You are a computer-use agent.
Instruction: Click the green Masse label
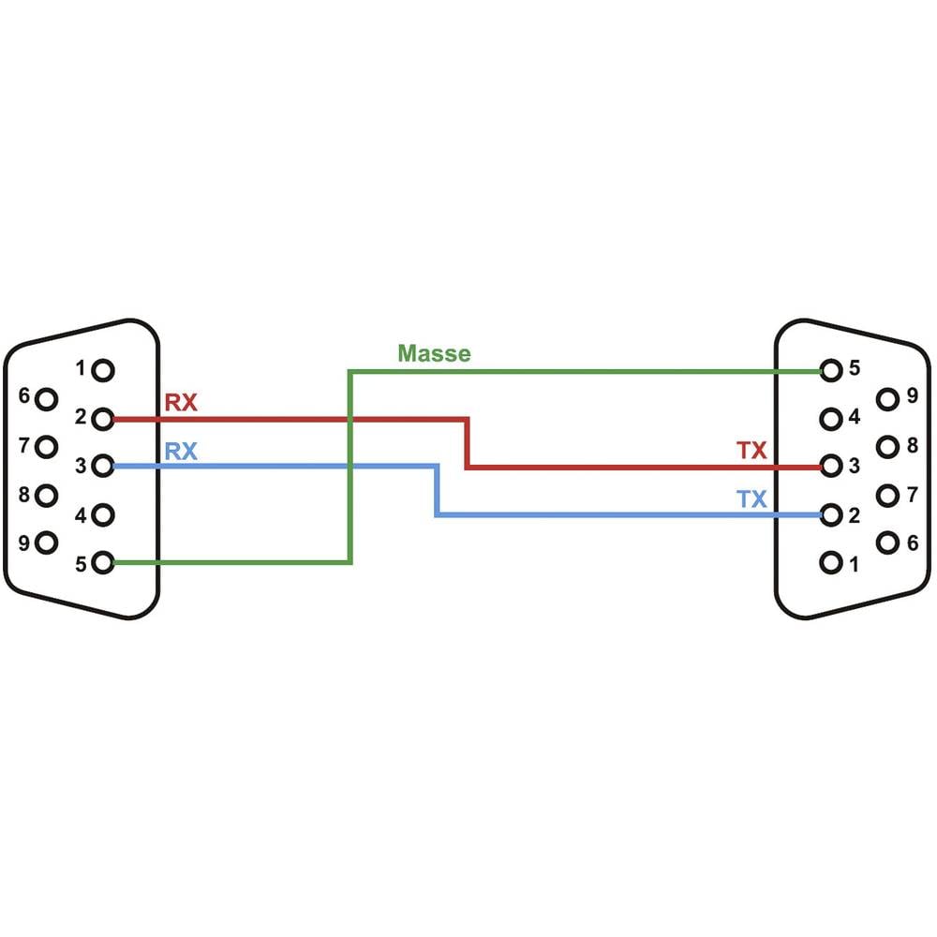[x=434, y=353]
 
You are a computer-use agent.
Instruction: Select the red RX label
[x=181, y=403]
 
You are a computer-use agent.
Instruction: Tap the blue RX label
[x=181, y=452]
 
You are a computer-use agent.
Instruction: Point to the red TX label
[x=751, y=451]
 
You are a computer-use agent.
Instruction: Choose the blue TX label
[x=751, y=499]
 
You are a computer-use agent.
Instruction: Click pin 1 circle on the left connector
[x=104, y=370]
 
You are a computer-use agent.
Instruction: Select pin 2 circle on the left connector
[x=104, y=418]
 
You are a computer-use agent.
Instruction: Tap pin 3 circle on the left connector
[x=104, y=466]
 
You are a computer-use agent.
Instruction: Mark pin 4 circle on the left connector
[x=104, y=514]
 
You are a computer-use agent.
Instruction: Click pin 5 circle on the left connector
[x=104, y=562]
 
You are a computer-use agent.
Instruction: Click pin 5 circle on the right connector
[x=830, y=370]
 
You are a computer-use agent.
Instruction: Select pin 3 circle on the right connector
[x=830, y=466]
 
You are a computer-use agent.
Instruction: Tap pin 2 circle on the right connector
[x=830, y=514]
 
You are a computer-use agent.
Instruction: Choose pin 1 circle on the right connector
[x=830, y=563]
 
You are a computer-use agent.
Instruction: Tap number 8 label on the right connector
[x=912, y=444]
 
